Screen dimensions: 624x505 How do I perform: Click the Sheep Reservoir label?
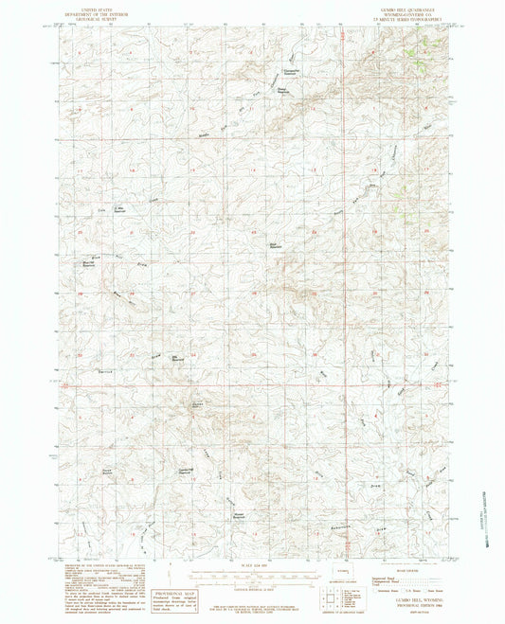tap(281, 91)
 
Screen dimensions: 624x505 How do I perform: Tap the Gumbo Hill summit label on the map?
tap(198, 404)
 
